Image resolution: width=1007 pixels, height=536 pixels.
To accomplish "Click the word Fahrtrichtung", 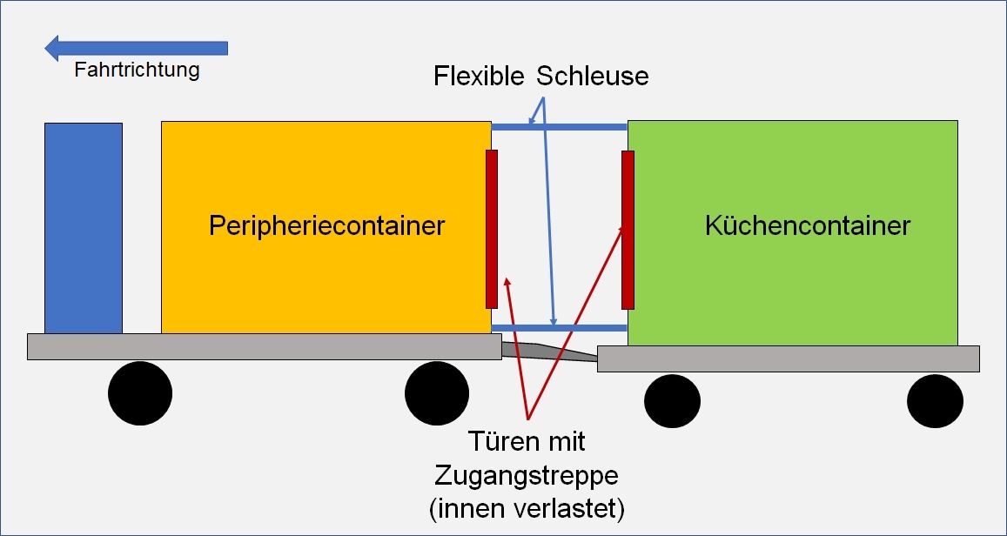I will (x=137, y=70).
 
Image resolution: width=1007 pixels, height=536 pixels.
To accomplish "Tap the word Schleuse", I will (x=593, y=77).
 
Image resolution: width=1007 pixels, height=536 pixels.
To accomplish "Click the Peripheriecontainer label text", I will (x=326, y=226).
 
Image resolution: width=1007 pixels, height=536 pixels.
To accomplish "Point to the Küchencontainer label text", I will (x=807, y=226).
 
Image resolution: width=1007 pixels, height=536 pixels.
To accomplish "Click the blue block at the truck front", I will (x=84, y=228).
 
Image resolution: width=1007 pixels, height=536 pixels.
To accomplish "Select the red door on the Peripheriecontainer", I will (x=492, y=229).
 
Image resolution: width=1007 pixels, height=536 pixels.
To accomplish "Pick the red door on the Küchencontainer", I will (x=628, y=230).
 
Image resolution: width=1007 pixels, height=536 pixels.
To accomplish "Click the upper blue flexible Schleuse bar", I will (x=560, y=127).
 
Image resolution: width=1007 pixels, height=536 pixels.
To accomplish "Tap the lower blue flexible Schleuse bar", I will (x=560, y=328).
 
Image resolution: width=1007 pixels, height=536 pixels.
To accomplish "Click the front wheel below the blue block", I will (x=140, y=394).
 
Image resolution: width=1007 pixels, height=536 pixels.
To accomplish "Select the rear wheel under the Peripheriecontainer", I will (x=437, y=394).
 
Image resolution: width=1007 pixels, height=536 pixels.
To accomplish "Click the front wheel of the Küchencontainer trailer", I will (x=672, y=401).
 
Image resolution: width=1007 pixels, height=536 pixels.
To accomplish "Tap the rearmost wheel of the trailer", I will (x=935, y=401).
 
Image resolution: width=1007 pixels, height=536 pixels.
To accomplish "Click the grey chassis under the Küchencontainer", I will (x=788, y=358).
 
